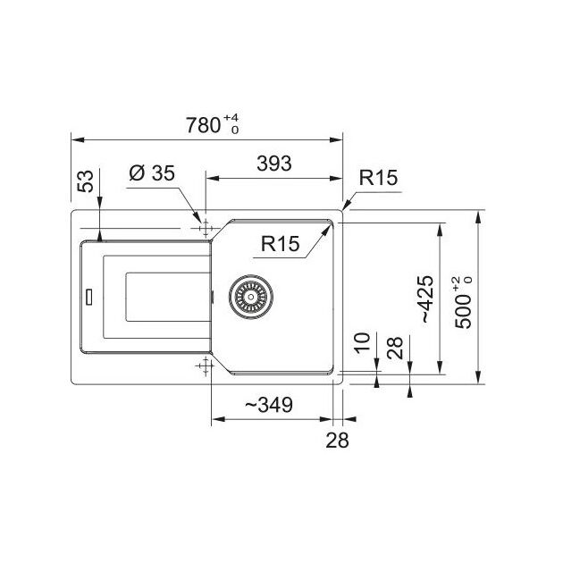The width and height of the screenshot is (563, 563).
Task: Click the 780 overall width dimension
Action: pyautogui.click(x=203, y=125)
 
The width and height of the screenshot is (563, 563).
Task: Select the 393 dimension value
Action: pyautogui.click(x=274, y=164)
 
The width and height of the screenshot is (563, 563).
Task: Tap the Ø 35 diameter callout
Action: pyautogui.click(x=152, y=173)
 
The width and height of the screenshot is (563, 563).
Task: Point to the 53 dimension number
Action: pyautogui.click(x=86, y=181)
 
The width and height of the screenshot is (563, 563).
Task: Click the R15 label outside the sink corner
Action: pyautogui.click(x=378, y=177)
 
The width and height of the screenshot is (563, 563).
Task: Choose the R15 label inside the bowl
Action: pyautogui.click(x=280, y=243)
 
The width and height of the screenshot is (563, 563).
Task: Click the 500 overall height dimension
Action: pyautogui.click(x=463, y=311)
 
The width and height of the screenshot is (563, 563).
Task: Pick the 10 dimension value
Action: pyautogui.click(x=363, y=343)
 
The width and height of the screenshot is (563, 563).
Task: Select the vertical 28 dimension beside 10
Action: pyautogui.click(x=395, y=348)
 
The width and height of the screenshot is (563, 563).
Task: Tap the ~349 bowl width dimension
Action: pyautogui.click(x=269, y=405)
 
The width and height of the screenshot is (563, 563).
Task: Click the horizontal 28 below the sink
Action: pyautogui.click(x=337, y=440)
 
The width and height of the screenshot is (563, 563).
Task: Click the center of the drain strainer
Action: pyautogui.click(x=250, y=297)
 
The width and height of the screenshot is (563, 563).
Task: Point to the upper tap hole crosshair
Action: pyautogui.click(x=206, y=229)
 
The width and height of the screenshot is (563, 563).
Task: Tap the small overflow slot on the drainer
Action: pyautogui.click(x=88, y=296)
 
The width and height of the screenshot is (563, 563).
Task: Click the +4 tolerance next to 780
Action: pyautogui.click(x=231, y=118)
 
